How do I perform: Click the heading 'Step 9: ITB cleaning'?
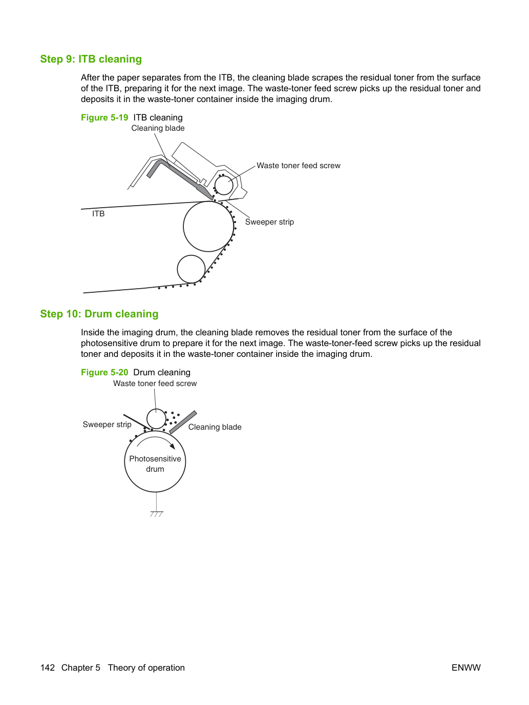click(x=91, y=59)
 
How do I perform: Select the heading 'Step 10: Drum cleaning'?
click(x=99, y=314)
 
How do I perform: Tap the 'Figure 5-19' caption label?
click(x=104, y=117)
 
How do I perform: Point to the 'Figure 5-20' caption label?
click(x=104, y=372)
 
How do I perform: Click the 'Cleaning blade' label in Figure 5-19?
click(x=158, y=128)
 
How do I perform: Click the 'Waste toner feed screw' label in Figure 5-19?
click(x=299, y=166)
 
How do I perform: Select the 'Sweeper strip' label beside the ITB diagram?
click(x=269, y=222)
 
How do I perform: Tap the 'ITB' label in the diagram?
click(x=98, y=214)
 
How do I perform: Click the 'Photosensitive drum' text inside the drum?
click(x=155, y=464)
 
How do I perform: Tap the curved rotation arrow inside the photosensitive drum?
click(x=155, y=437)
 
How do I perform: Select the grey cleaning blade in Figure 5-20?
click(x=183, y=422)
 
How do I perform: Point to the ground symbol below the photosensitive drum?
click(x=157, y=514)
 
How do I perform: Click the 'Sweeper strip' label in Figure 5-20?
click(x=107, y=425)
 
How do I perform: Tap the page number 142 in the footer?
click(x=48, y=668)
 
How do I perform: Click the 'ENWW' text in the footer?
click(x=466, y=668)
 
